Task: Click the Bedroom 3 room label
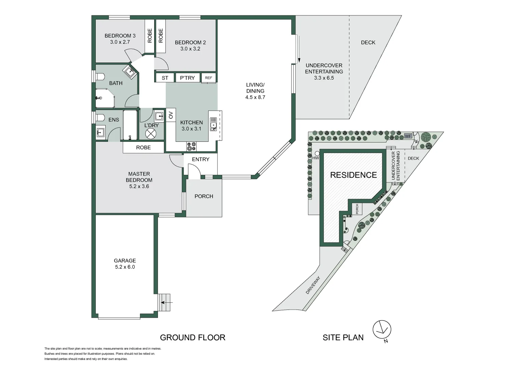(x=120, y=36)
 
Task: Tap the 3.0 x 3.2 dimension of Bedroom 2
(x=190, y=49)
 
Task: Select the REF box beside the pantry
(x=209, y=78)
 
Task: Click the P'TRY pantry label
(x=187, y=78)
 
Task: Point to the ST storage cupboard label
(x=165, y=78)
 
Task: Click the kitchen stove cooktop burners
(x=191, y=146)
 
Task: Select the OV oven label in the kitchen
(x=171, y=115)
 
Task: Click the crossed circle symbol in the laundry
(x=151, y=134)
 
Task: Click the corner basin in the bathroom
(x=130, y=71)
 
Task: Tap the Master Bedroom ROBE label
(x=143, y=148)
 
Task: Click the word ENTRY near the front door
(x=201, y=159)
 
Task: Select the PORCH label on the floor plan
(x=204, y=196)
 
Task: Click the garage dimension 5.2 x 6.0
(x=125, y=267)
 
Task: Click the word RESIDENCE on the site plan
(x=353, y=175)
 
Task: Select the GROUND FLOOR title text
(x=192, y=338)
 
